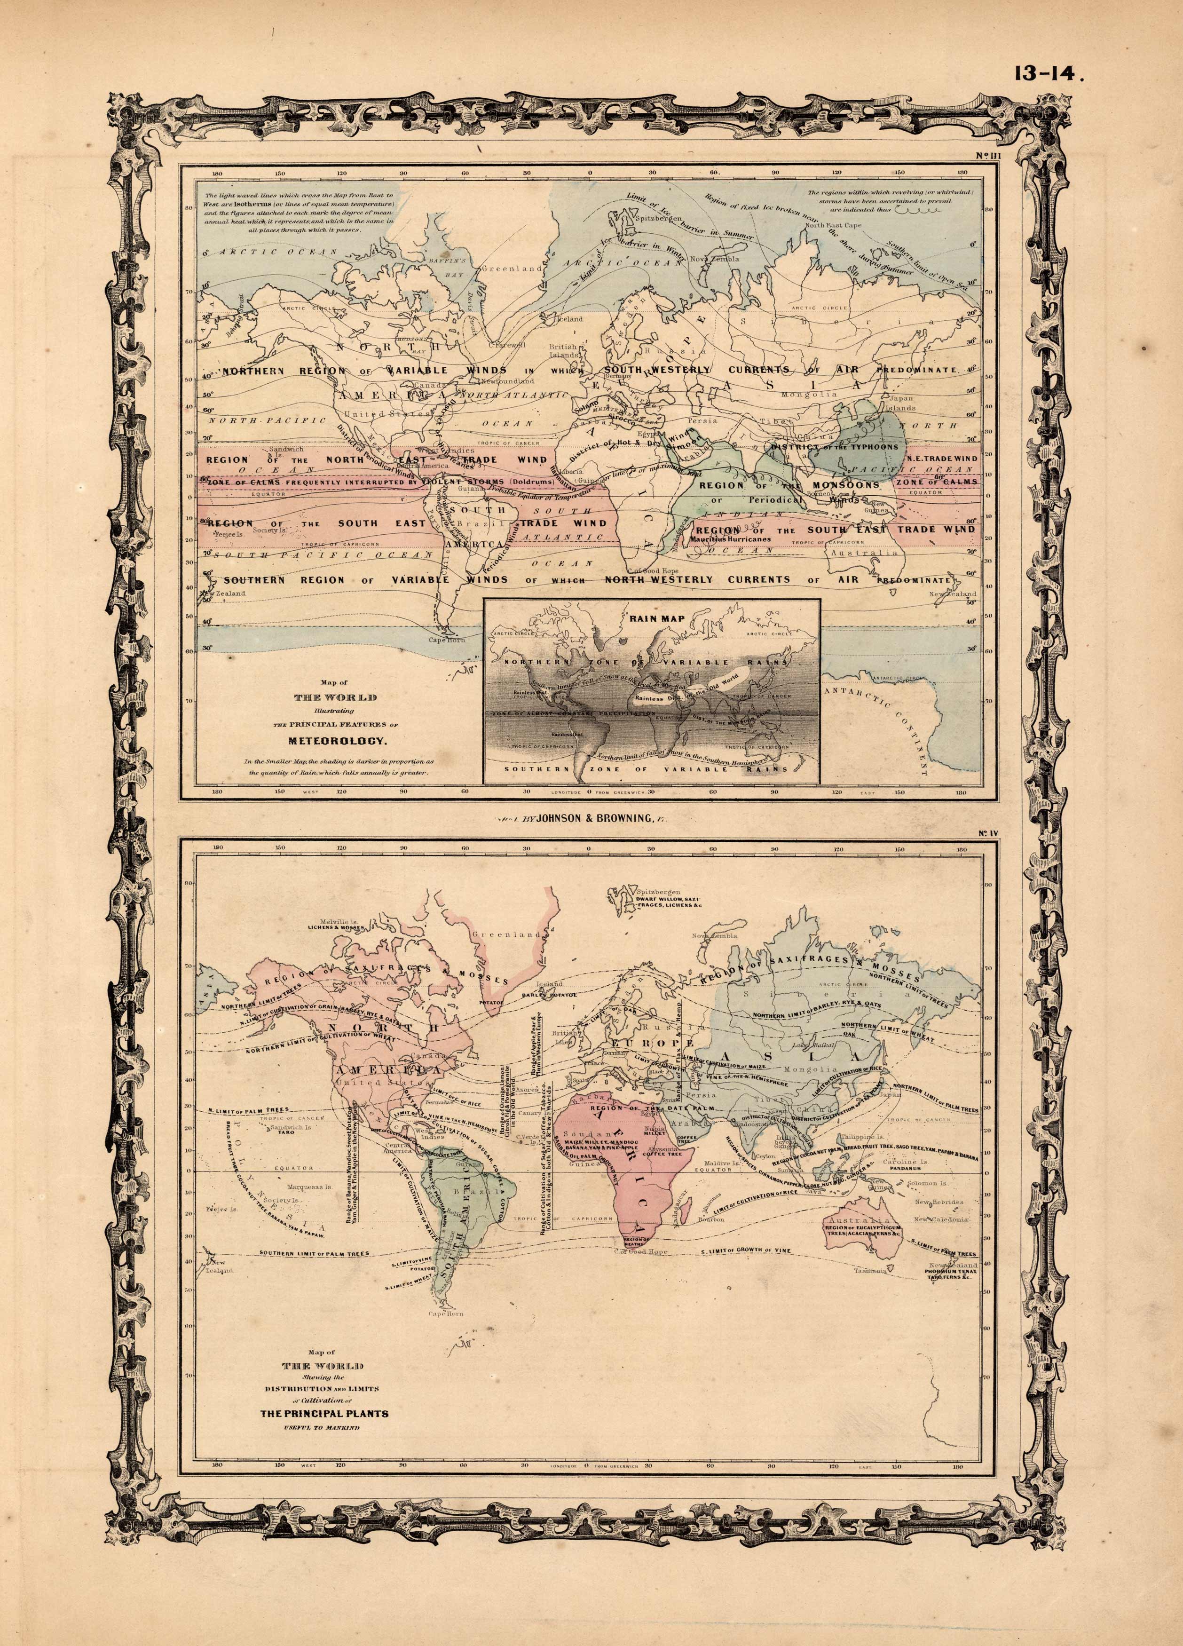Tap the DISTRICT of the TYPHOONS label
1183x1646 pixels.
coord(834,447)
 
